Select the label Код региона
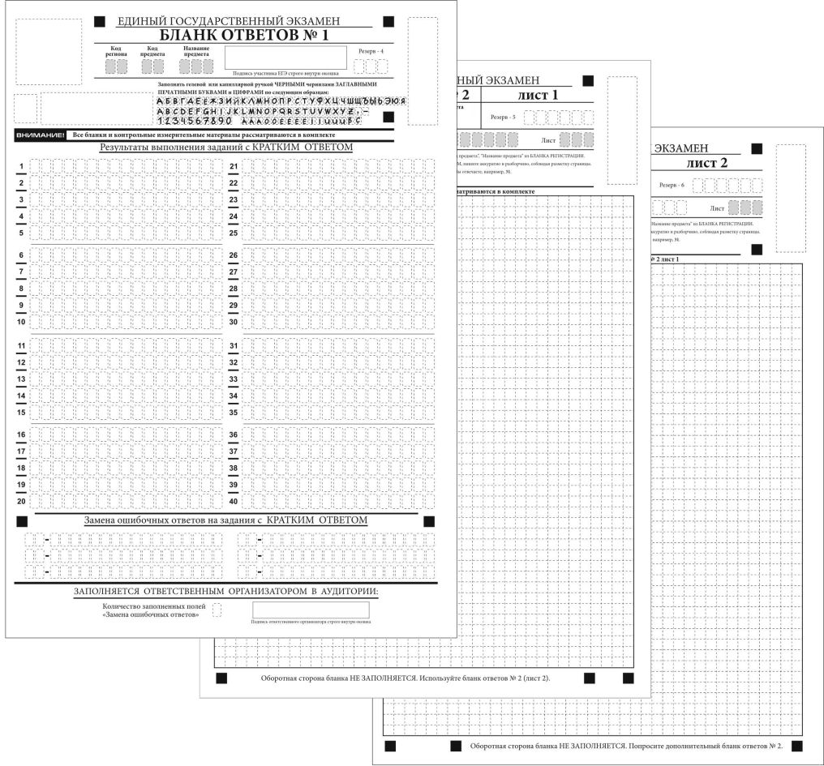coord(116,51)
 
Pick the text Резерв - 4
coord(371,50)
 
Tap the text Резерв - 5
coord(503,118)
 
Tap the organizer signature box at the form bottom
coord(311,610)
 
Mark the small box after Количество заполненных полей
coord(217,610)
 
